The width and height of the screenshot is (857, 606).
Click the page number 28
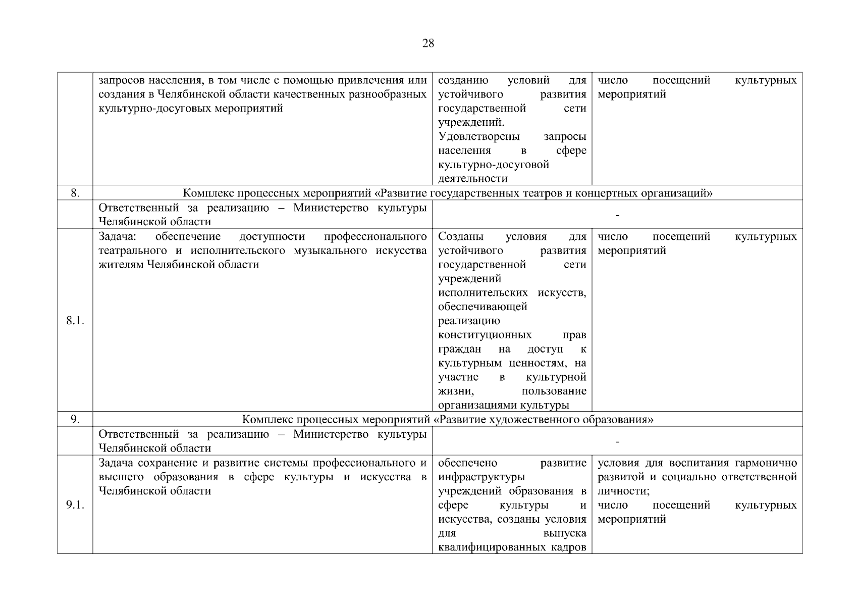[x=427, y=43]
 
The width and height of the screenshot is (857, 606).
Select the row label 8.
[x=75, y=193]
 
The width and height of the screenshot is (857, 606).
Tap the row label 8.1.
[x=75, y=321]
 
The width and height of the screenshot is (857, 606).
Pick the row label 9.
[x=75, y=419]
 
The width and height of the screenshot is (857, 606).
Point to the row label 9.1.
[x=75, y=505]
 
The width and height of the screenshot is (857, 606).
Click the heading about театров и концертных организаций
[x=447, y=193]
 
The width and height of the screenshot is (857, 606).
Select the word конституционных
[x=485, y=335]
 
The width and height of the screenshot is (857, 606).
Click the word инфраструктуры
[x=481, y=477]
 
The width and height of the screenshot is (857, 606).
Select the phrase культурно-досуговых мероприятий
[x=190, y=108]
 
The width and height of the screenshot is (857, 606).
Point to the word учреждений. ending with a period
[x=471, y=122]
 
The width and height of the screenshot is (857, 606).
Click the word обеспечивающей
[x=483, y=307]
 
